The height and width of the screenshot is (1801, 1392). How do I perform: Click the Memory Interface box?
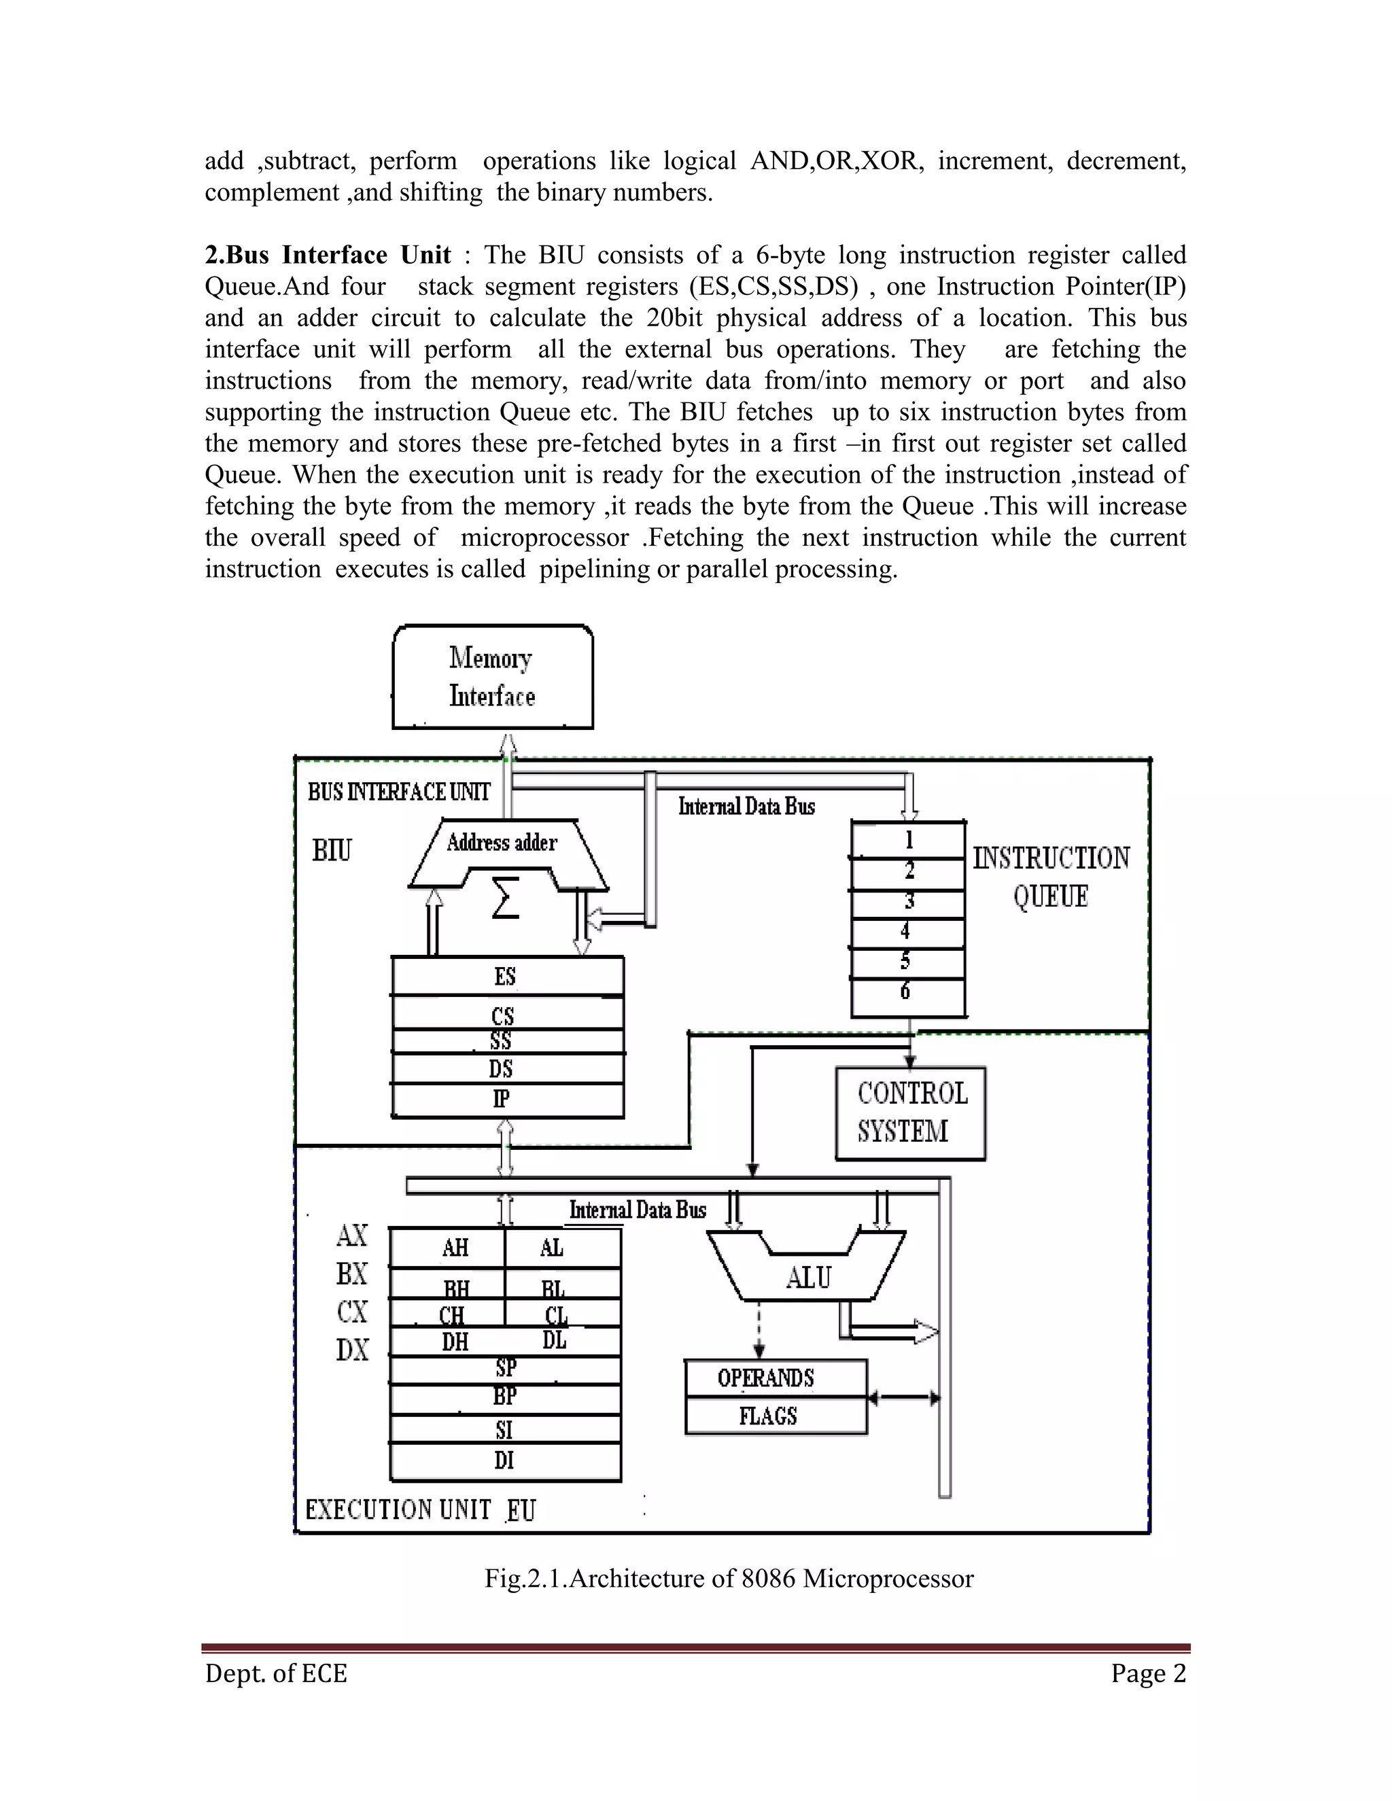(x=492, y=677)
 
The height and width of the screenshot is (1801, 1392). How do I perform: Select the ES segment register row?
(x=506, y=977)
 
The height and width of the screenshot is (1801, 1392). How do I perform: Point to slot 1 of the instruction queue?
(x=909, y=840)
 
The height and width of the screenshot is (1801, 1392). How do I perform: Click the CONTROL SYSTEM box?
(x=910, y=1113)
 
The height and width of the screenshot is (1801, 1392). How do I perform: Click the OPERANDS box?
(x=775, y=1378)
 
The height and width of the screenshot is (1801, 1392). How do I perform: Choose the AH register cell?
(x=455, y=1248)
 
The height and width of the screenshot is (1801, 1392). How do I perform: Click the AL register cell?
(x=553, y=1248)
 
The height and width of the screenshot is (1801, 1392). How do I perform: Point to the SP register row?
(x=506, y=1368)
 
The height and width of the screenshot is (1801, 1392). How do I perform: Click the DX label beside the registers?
(x=352, y=1350)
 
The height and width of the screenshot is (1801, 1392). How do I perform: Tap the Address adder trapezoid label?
(x=502, y=843)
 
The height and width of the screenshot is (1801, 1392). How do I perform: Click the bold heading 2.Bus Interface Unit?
(x=328, y=255)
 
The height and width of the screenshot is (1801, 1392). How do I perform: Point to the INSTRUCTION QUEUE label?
(x=1051, y=877)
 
